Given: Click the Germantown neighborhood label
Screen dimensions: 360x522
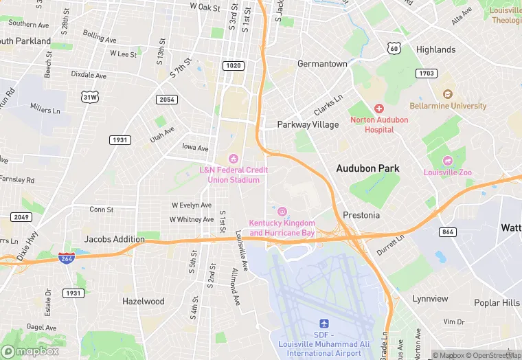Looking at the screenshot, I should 322,63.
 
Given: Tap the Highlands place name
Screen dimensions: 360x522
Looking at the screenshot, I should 435,49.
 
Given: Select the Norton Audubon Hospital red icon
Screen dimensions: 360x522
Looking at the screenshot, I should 378,109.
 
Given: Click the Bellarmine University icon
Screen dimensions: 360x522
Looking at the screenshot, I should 448,94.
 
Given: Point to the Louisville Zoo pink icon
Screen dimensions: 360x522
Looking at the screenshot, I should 448,161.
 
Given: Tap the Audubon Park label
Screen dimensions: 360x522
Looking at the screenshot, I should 367,168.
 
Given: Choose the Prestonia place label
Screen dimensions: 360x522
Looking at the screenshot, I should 361,215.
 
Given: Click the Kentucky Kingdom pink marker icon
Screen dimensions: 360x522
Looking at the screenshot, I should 282,212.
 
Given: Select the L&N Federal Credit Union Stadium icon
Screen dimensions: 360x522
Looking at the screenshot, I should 234,159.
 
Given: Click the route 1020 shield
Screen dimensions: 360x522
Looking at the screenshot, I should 232,65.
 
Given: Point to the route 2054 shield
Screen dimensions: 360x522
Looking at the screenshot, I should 167,100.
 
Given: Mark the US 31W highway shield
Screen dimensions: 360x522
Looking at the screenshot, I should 89,98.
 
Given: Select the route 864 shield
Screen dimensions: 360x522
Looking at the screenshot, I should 449,232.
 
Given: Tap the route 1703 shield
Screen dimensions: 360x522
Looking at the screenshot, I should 427,73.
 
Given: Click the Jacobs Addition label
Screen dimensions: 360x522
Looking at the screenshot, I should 114,239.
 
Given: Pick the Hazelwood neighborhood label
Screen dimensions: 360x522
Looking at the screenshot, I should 143,301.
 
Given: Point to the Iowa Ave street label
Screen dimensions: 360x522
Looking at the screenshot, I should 195,148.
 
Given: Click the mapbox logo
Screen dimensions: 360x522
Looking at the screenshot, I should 30,350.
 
